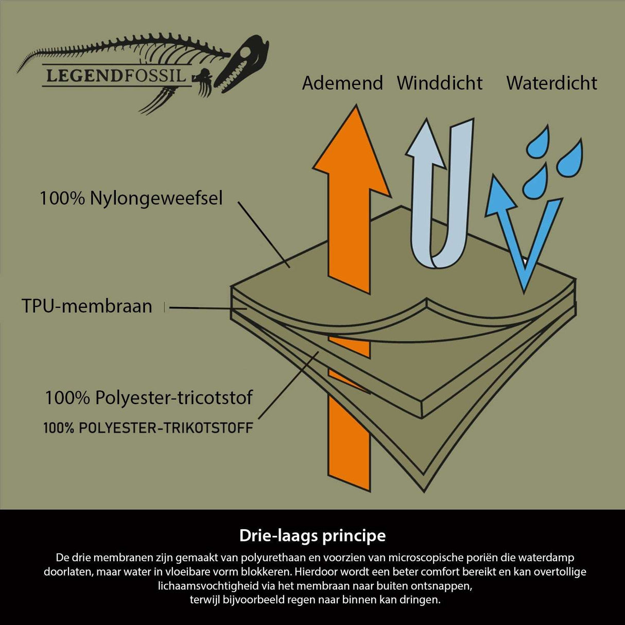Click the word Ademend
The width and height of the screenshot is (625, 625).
tap(342, 83)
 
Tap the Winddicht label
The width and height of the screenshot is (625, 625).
tap(440, 83)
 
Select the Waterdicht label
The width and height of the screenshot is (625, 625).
tap(551, 83)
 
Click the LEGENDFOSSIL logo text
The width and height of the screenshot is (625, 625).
tap(115, 76)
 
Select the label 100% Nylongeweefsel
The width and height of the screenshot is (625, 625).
tap(131, 198)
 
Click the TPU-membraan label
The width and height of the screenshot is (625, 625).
tap(87, 306)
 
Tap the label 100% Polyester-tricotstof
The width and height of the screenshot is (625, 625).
tap(149, 397)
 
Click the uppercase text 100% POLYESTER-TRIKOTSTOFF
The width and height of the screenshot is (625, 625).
tap(148, 428)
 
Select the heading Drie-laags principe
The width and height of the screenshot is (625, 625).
tap(312, 535)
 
